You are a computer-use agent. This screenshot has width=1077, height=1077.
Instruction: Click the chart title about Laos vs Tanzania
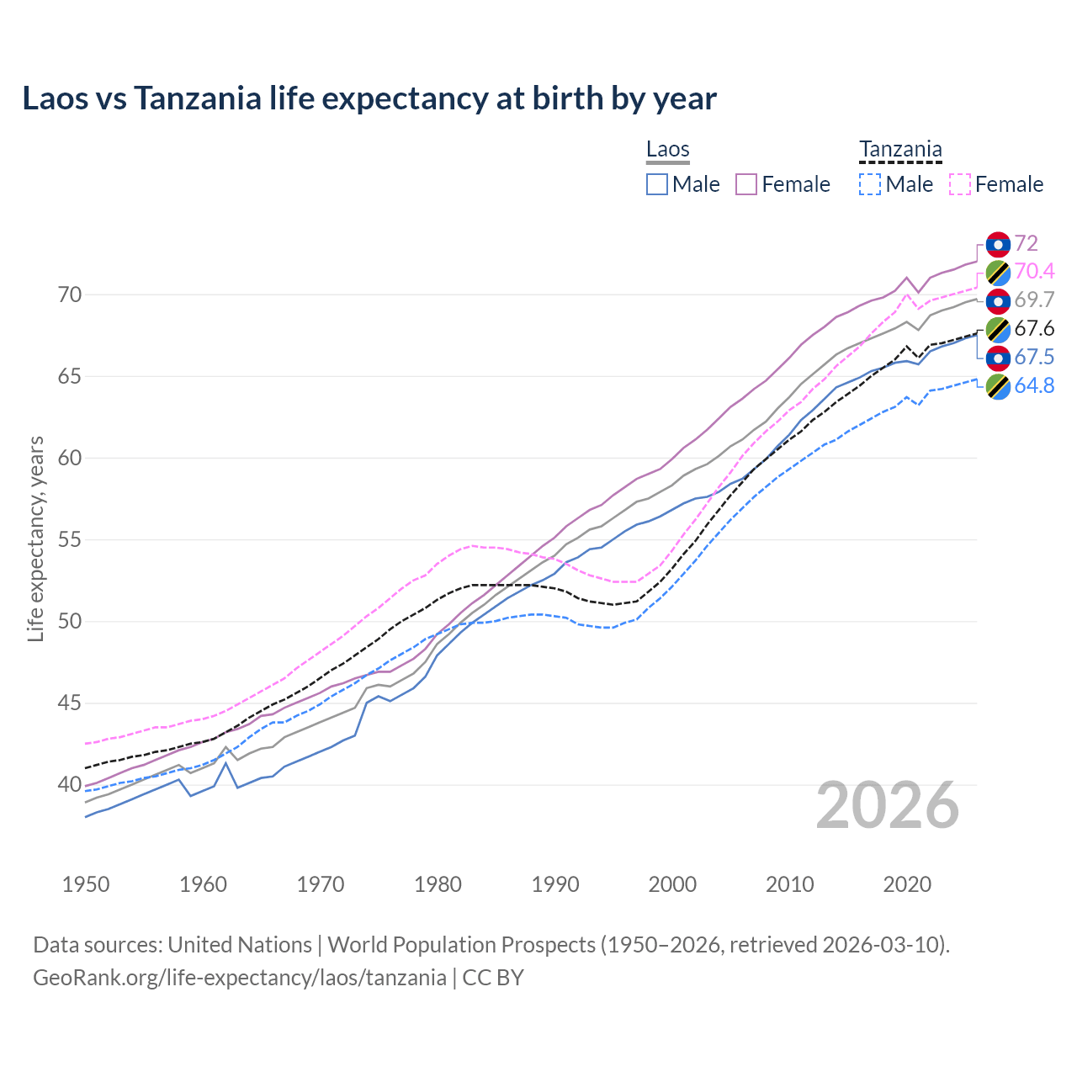(369, 98)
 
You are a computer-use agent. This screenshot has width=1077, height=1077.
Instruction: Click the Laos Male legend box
(657, 184)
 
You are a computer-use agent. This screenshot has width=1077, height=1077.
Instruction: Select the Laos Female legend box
(746, 184)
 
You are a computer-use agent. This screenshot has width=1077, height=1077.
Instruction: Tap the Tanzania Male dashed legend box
(870, 184)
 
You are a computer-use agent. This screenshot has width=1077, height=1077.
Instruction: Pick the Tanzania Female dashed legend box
(959, 184)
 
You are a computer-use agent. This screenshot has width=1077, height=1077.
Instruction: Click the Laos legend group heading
(668, 150)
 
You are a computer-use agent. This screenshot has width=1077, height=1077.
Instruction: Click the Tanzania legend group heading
(900, 150)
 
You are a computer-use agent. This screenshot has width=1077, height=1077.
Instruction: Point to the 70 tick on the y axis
(70, 294)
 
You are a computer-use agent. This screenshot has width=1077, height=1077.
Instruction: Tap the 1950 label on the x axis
(86, 884)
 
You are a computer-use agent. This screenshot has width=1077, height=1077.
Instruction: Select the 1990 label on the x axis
(555, 884)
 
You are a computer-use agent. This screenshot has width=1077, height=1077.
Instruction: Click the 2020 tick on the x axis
(907, 884)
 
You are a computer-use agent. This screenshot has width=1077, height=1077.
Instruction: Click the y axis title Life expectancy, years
(35, 538)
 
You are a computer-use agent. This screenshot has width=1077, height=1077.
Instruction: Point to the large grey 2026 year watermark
(888, 805)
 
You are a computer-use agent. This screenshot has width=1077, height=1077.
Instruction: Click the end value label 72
(1026, 243)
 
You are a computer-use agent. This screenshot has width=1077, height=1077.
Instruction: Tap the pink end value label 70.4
(1034, 271)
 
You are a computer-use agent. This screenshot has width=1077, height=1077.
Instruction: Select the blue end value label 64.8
(1034, 386)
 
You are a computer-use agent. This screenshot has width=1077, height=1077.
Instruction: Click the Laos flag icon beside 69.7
(998, 300)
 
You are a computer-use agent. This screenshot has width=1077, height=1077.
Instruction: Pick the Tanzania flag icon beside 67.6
(998, 329)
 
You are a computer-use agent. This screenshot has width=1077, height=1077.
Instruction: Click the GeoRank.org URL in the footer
(240, 978)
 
